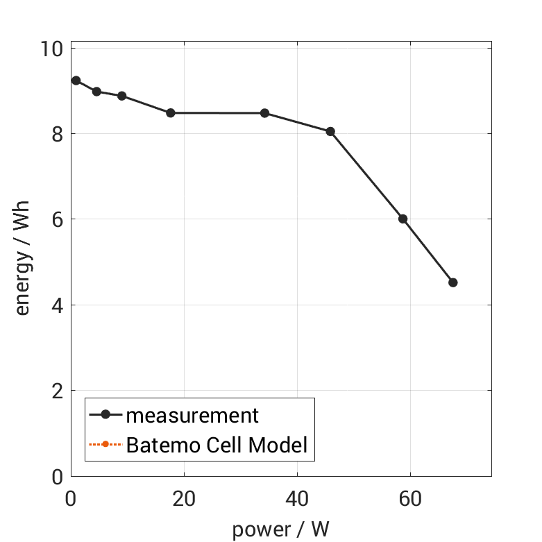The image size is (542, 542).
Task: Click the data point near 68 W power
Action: (x=453, y=282)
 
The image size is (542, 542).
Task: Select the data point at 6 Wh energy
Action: (x=403, y=219)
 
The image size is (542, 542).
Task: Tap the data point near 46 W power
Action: (x=330, y=131)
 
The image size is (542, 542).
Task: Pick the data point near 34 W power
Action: (x=264, y=113)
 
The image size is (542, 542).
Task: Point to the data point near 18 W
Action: (x=171, y=112)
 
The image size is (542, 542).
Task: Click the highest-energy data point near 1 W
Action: (x=76, y=81)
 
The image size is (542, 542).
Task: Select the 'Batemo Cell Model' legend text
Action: (x=217, y=444)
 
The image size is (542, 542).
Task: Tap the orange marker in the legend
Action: (x=105, y=444)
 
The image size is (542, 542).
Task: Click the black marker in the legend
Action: (x=105, y=415)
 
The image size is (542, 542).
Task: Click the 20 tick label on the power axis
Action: (x=184, y=499)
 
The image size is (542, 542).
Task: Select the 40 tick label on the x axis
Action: (x=297, y=499)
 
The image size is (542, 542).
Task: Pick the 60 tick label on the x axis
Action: (x=410, y=499)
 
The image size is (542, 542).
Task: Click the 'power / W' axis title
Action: (x=280, y=529)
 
